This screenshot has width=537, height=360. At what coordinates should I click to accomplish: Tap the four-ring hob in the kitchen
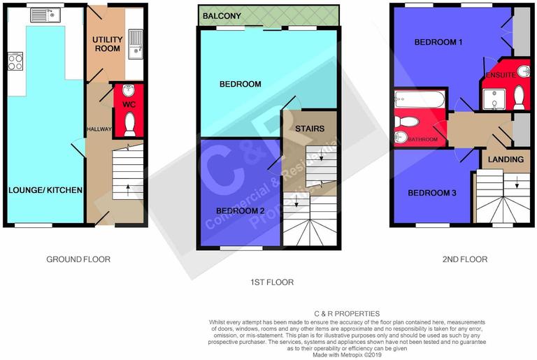[x=14, y=62]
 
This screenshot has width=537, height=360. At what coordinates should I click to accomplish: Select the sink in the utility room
[x=136, y=42]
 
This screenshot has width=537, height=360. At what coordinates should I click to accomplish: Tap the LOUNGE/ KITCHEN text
[x=45, y=190]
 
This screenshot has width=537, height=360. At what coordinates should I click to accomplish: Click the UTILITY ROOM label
[x=108, y=44]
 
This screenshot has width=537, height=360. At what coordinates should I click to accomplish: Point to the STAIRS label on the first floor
[x=309, y=129]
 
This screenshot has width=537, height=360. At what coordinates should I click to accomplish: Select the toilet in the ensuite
[x=519, y=97]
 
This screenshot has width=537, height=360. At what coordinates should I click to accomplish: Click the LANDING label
[x=506, y=159]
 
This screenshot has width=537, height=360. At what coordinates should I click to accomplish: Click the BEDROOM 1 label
[x=438, y=42]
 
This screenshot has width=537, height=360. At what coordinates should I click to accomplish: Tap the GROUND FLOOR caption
[x=78, y=259]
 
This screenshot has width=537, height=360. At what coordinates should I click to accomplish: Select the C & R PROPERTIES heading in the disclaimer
[x=347, y=314]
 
